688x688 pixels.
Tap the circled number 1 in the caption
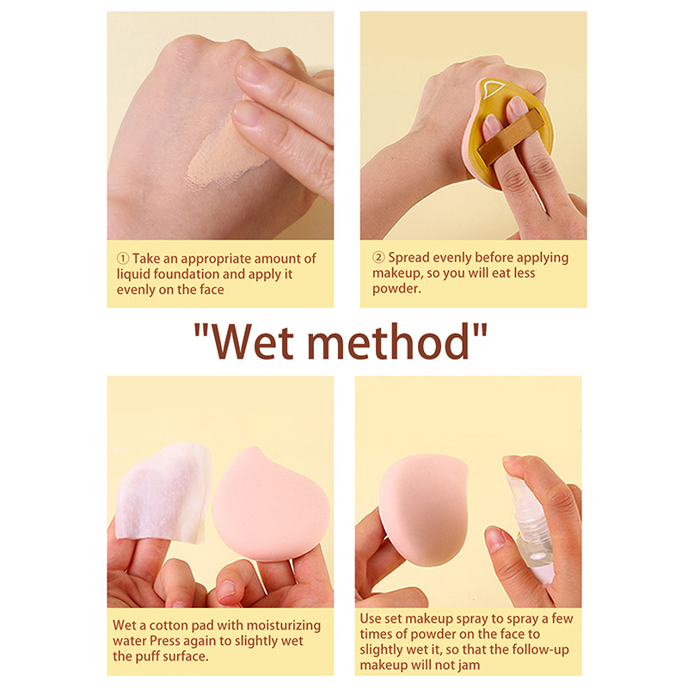point(123,259)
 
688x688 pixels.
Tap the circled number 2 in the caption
point(378,257)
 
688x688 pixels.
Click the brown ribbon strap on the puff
point(510,137)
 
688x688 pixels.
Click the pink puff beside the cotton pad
point(271,505)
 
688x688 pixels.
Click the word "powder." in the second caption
point(396,289)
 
